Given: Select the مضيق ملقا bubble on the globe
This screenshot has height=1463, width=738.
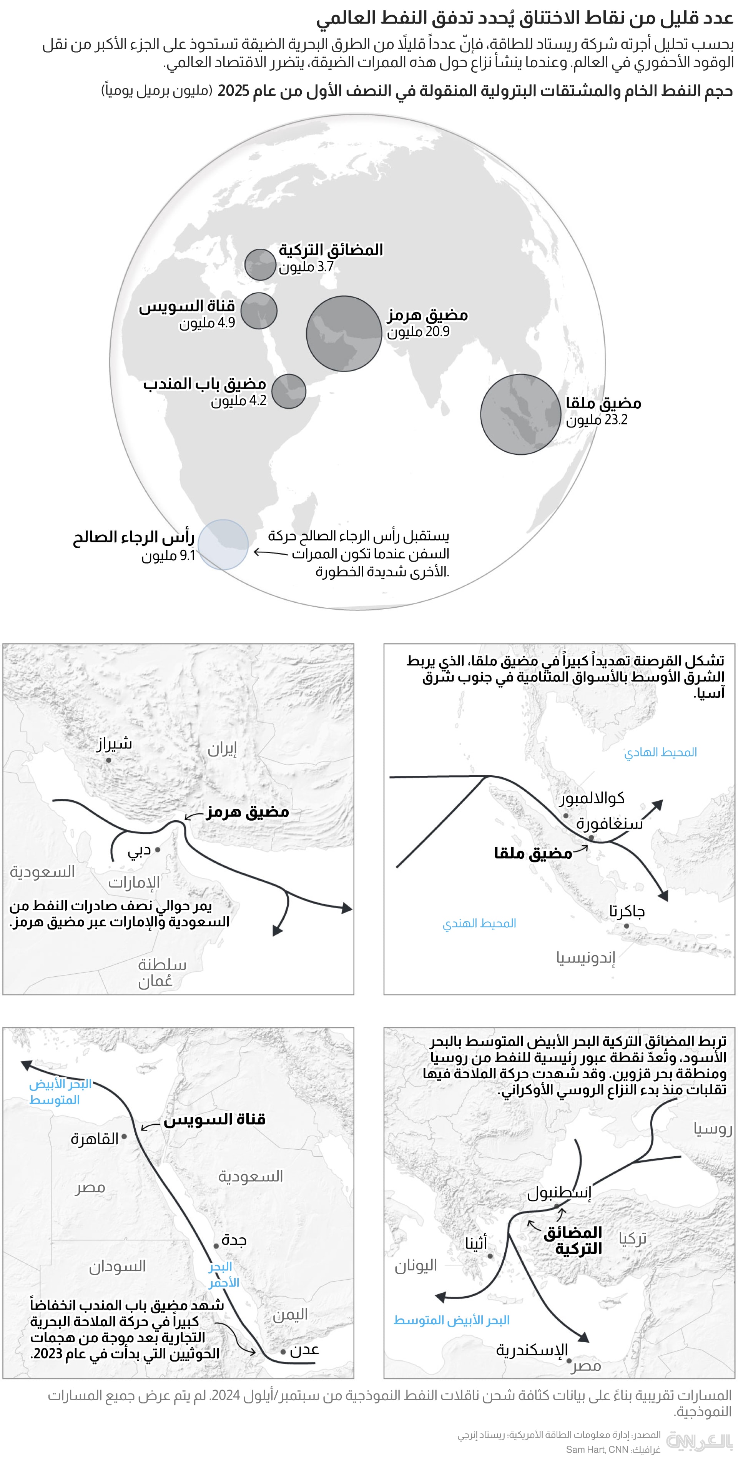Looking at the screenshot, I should coord(520,414).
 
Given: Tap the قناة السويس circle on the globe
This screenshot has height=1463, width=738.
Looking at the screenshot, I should coord(259,311).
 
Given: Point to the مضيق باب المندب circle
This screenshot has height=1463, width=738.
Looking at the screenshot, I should coord(288,391).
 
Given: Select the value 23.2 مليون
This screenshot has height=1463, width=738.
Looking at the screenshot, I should coord(596,420).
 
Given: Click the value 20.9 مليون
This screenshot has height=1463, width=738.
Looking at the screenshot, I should coord(418,332).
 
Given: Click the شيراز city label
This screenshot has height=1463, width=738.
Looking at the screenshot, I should coord(114,743).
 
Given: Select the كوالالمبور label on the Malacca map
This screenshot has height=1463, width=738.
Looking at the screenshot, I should coord(592,798).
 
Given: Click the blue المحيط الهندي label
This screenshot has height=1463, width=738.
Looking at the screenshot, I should coord(479,923).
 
